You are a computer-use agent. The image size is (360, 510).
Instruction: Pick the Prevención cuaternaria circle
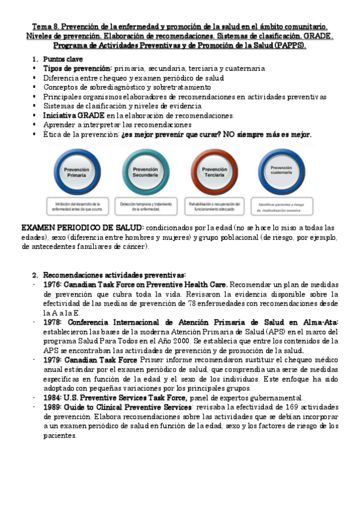click(x=282, y=170)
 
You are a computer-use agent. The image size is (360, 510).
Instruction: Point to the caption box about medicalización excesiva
click(x=282, y=207)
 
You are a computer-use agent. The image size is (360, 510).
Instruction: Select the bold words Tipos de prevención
click(x=78, y=69)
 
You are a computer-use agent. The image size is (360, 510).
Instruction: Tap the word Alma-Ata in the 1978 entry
click(x=322, y=322)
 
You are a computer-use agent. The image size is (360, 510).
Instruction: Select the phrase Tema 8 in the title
click(x=45, y=27)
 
